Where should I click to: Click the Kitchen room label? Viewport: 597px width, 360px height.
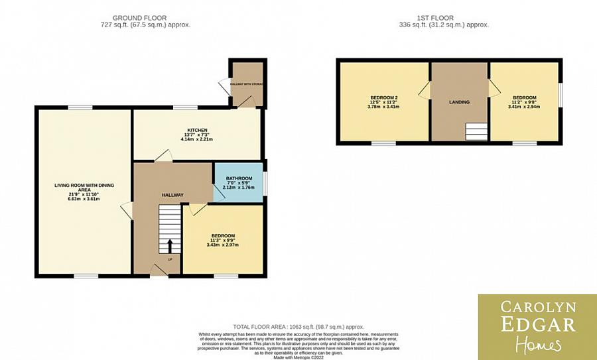point(197,130)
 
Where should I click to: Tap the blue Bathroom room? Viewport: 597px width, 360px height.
point(239,184)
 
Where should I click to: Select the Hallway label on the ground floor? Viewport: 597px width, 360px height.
point(172,194)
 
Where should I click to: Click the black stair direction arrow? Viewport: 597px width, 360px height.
point(169,245)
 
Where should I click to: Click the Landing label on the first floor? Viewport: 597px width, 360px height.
point(459,102)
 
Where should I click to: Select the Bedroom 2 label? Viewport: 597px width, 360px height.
point(383,98)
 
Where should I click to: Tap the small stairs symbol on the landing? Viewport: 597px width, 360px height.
point(475,132)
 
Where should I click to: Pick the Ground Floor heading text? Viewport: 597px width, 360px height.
point(139,18)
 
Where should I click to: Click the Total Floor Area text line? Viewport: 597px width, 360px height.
point(299,327)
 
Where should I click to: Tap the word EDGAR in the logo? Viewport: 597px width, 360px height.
point(537,324)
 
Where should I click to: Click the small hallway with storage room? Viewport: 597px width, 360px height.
point(247,84)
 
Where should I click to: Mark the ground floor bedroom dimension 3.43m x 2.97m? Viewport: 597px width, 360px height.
point(223,245)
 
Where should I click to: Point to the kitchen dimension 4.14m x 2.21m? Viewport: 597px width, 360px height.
point(197,140)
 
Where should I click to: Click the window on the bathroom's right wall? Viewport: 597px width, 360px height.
point(265,184)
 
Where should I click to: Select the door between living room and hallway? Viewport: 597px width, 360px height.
point(125,213)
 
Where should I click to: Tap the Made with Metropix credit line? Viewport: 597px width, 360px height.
point(298,357)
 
